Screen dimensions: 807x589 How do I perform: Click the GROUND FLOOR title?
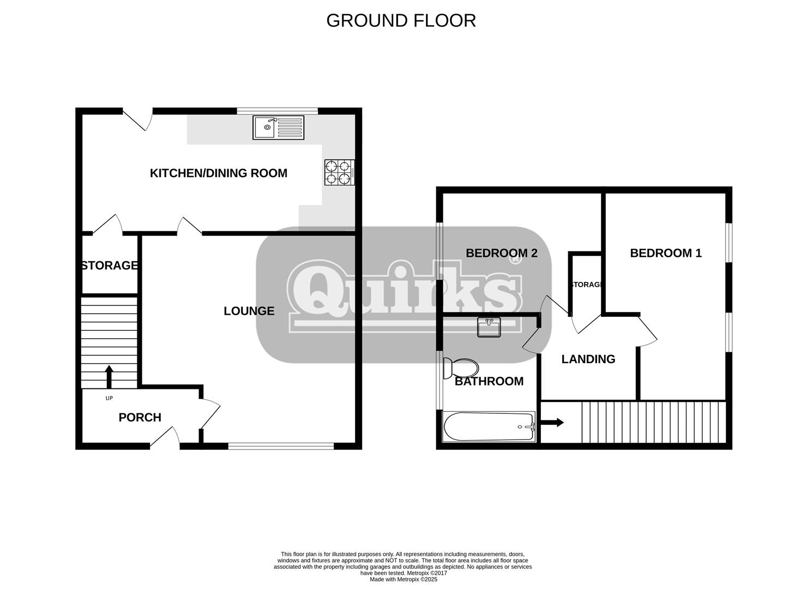coord(401,21)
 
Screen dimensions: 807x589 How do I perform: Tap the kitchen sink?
coord(278,128)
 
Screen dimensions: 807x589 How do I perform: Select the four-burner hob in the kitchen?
coord(339,172)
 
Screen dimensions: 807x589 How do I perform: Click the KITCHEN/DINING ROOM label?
coord(218,173)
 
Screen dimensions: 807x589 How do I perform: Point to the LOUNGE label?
coord(249,311)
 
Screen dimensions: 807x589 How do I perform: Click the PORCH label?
coord(140,418)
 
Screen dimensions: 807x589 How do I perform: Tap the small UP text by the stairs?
coord(109,398)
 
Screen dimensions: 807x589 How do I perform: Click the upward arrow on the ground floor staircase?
coord(109,376)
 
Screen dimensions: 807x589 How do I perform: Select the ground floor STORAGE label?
coord(110,266)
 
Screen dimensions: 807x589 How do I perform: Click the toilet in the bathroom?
coord(461,369)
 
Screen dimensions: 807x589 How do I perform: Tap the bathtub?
coord(489,427)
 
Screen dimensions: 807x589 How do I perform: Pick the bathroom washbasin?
coord(489,327)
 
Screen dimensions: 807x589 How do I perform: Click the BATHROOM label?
coord(489,381)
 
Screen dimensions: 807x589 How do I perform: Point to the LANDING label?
coord(588,359)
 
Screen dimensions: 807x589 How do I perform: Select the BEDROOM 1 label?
coord(666,253)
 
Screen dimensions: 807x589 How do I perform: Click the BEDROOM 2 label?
coord(502,253)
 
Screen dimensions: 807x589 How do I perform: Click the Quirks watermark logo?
coord(404,294)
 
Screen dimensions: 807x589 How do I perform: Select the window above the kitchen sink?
coord(278,111)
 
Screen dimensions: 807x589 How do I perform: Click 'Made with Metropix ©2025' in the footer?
coord(403,580)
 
